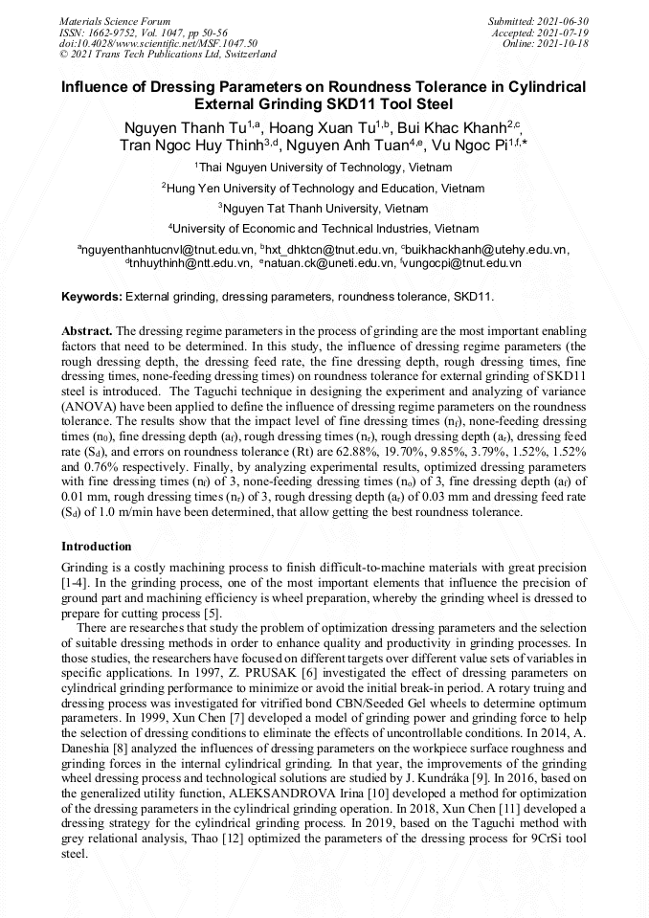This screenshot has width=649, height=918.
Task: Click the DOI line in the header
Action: click(145, 43)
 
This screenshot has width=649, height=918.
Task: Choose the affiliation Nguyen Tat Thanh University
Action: click(325, 208)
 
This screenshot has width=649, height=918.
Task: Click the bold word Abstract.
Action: click(87, 329)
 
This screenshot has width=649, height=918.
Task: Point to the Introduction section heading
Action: click(96, 547)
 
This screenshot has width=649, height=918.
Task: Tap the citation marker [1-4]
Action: click(76, 582)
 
